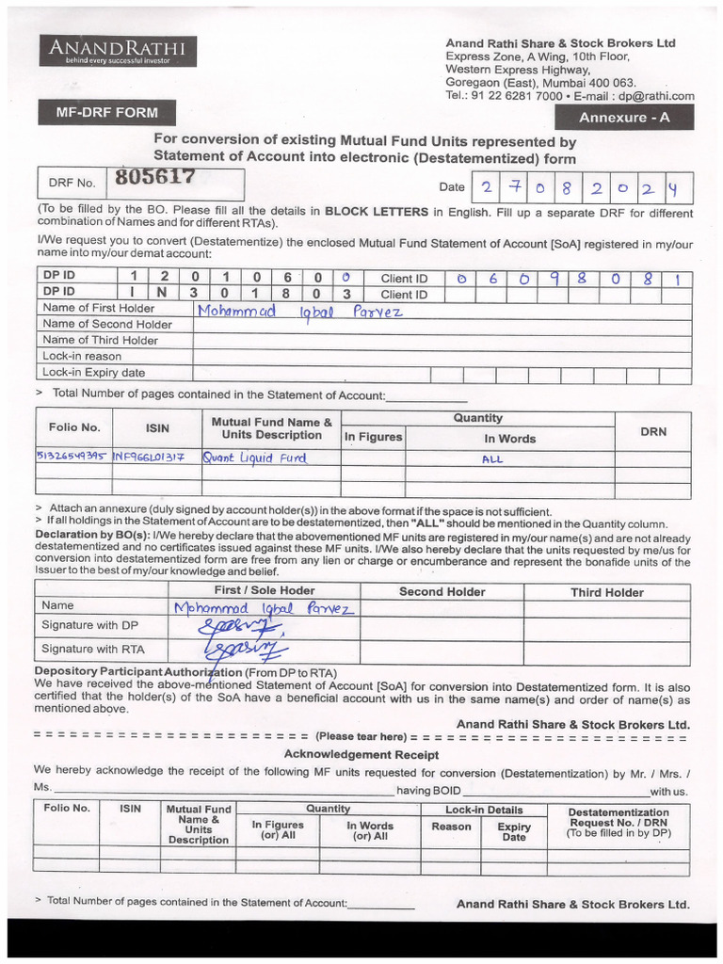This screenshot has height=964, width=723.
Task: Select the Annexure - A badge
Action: [x=624, y=118]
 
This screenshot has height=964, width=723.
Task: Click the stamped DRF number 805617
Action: [x=155, y=177]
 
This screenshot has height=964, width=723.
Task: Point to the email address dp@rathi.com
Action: [x=655, y=96]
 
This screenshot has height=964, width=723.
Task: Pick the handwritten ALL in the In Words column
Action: [x=492, y=459]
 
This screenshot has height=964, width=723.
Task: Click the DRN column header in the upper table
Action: [x=652, y=432]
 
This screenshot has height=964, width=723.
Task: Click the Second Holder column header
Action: [x=442, y=592]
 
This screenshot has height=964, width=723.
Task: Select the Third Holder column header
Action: [x=606, y=592]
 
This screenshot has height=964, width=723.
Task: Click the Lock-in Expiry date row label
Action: [x=93, y=373]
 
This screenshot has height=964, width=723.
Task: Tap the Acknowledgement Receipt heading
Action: [x=361, y=755]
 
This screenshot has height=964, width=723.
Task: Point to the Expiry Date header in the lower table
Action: [x=514, y=831]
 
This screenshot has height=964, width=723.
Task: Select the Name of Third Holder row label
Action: [x=101, y=340]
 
